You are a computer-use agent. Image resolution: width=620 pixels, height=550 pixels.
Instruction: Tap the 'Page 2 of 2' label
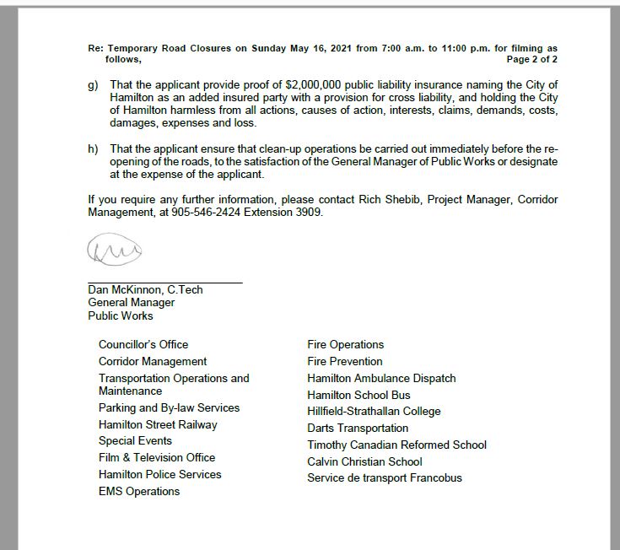(x=531, y=60)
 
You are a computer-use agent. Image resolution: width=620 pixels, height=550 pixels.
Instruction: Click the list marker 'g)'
(x=93, y=86)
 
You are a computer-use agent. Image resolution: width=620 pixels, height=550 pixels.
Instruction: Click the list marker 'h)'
(x=93, y=148)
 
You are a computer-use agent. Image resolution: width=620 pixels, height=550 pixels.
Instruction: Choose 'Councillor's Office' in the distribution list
(x=143, y=344)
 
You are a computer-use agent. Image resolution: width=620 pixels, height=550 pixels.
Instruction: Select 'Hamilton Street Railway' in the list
(x=158, y=424)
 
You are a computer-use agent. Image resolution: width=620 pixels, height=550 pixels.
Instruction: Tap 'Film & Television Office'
(x=157, y=457)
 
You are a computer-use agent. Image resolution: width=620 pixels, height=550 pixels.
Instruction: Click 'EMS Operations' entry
(x=139, y=491)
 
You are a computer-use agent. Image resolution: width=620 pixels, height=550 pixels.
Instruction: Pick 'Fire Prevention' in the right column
(x=345, y=361)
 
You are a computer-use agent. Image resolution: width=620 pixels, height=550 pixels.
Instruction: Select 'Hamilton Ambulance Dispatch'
(x=381, y=378)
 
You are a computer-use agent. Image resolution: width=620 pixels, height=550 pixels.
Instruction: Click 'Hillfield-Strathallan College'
(x=374, y=411)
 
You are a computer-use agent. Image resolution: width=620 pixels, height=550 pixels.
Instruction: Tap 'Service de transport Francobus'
(x=385, y=477)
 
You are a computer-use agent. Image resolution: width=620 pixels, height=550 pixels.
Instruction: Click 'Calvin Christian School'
(x=364, y=461)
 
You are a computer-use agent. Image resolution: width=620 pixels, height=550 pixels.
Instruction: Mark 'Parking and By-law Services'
(x=169, y=407)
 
